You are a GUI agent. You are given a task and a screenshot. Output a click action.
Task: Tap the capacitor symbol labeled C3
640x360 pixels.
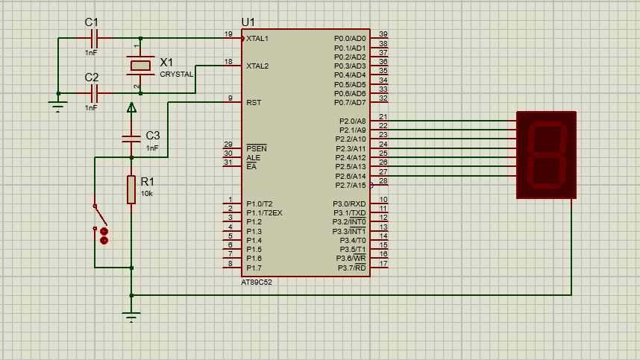click(131, 137)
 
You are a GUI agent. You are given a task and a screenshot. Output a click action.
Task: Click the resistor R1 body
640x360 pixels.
click(131, 190)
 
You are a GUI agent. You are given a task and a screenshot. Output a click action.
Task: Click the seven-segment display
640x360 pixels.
click(546, 155)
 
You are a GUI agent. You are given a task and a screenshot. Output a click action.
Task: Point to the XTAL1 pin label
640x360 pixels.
click(257, 38)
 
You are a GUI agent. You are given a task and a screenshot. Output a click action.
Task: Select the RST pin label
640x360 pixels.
click(253, 102)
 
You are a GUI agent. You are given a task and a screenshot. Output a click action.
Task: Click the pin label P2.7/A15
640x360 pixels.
click(349, 185)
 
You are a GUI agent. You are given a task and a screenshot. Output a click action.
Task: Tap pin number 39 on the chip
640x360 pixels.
click(383, 34)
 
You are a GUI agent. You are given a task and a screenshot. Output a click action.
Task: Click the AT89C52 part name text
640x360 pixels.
click(257, 282)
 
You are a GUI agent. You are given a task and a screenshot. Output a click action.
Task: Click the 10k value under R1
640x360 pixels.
click(146, 194)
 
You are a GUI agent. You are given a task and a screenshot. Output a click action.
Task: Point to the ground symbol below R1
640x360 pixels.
click(131, 318)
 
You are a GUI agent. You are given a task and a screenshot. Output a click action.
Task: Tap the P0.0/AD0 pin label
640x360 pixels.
click(349, 38)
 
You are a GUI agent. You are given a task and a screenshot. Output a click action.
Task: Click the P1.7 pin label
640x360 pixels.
click(254, 268)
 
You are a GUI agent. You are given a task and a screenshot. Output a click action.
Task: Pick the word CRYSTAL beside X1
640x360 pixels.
click(176, 75)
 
